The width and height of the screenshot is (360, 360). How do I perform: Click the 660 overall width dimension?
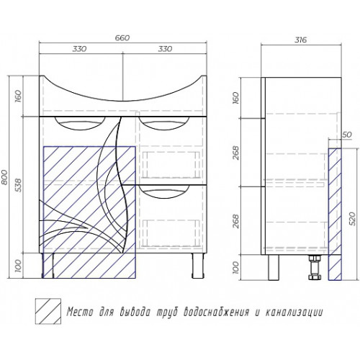(122, 38)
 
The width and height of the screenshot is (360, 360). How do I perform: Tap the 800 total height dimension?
(4, 177)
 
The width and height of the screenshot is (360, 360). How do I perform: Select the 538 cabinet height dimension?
(18, 185)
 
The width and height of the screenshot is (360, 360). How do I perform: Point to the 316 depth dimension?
(300, 40)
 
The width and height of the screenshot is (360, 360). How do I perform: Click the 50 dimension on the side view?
(346, 135)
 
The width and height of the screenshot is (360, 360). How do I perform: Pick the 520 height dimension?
(352, 218)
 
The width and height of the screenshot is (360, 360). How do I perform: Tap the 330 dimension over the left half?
(79, 49)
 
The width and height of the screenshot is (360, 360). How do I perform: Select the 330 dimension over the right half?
(165, 49)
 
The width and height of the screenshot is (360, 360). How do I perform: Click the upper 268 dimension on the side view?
(235, 153)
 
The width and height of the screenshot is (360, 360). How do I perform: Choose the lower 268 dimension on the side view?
(235, 221)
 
